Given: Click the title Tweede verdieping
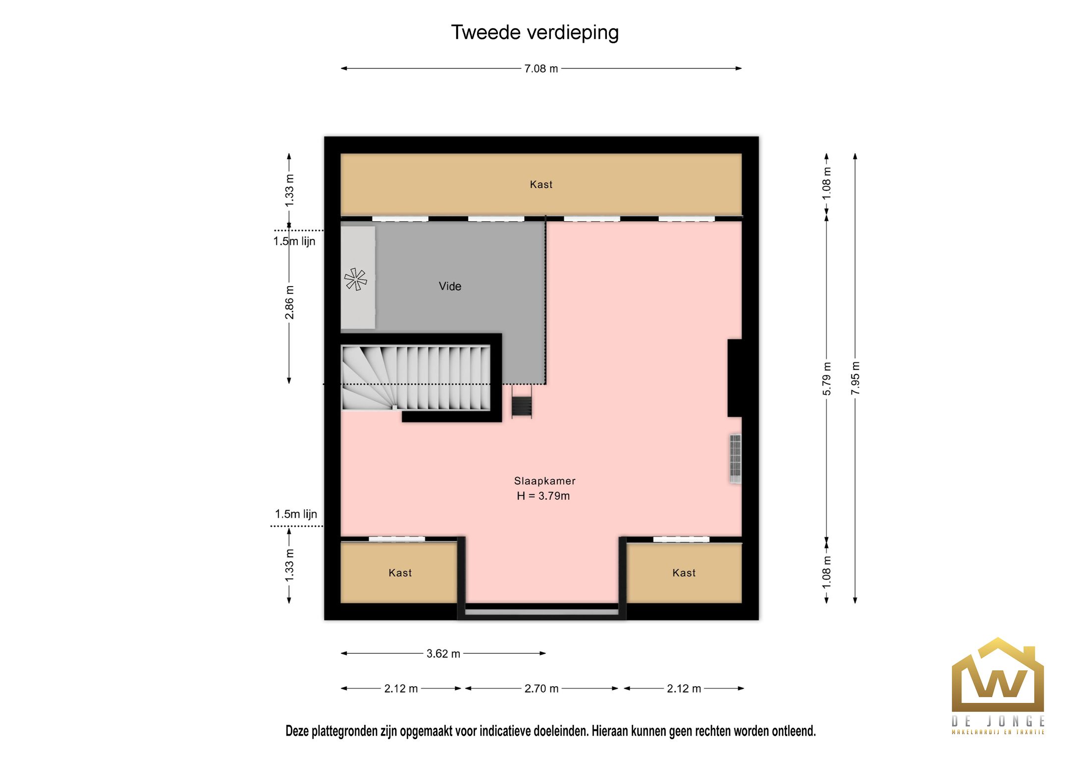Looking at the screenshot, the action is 535,33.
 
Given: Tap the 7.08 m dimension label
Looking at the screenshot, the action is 541,69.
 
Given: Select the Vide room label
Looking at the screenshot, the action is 450,287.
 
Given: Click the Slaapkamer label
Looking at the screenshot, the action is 544,481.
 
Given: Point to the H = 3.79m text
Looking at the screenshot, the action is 543,496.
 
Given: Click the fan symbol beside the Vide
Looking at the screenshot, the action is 356,280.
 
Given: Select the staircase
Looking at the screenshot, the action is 416,378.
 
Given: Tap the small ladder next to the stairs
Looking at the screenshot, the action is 522,402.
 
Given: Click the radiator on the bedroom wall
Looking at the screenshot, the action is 735,459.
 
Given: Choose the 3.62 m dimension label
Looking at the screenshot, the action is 443,654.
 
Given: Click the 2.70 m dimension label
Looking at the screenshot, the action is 541,689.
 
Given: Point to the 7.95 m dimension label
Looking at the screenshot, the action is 856,378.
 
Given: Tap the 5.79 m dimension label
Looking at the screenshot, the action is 827,379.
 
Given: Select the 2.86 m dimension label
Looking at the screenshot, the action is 289,302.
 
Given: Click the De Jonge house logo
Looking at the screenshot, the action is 998,686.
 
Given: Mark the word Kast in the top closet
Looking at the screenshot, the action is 541,185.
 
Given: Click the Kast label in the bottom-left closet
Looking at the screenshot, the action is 400,573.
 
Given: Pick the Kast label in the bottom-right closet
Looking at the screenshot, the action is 684,573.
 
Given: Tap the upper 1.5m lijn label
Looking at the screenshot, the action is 294,241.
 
